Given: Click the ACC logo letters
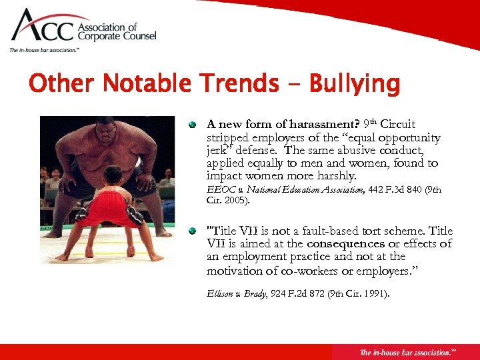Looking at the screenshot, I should click(43, 28).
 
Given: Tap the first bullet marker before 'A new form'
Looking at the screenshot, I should click(193, 125).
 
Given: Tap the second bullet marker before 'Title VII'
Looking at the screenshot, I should click(193, 231).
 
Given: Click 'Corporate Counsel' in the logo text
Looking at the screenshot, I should click(117, 37).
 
